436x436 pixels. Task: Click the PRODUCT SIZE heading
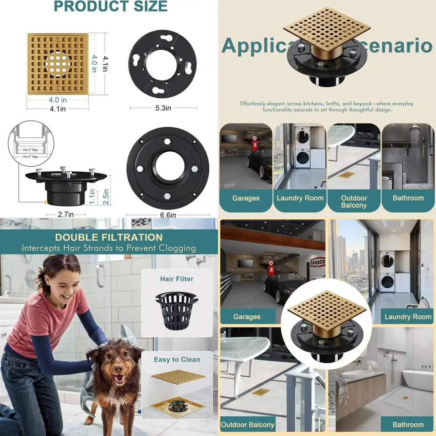click(110, 7)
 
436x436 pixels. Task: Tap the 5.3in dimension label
click(163, 108)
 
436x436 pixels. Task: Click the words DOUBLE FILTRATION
click(109, 238)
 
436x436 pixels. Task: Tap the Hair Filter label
click(177, 279)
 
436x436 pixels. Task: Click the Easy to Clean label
click(177, 360)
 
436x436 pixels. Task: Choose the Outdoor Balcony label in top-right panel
click(354, 201)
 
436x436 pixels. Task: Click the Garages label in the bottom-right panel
click(246, 317)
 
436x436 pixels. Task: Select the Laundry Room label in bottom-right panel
click(408, 317)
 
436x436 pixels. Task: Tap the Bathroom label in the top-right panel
click(408, 198)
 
